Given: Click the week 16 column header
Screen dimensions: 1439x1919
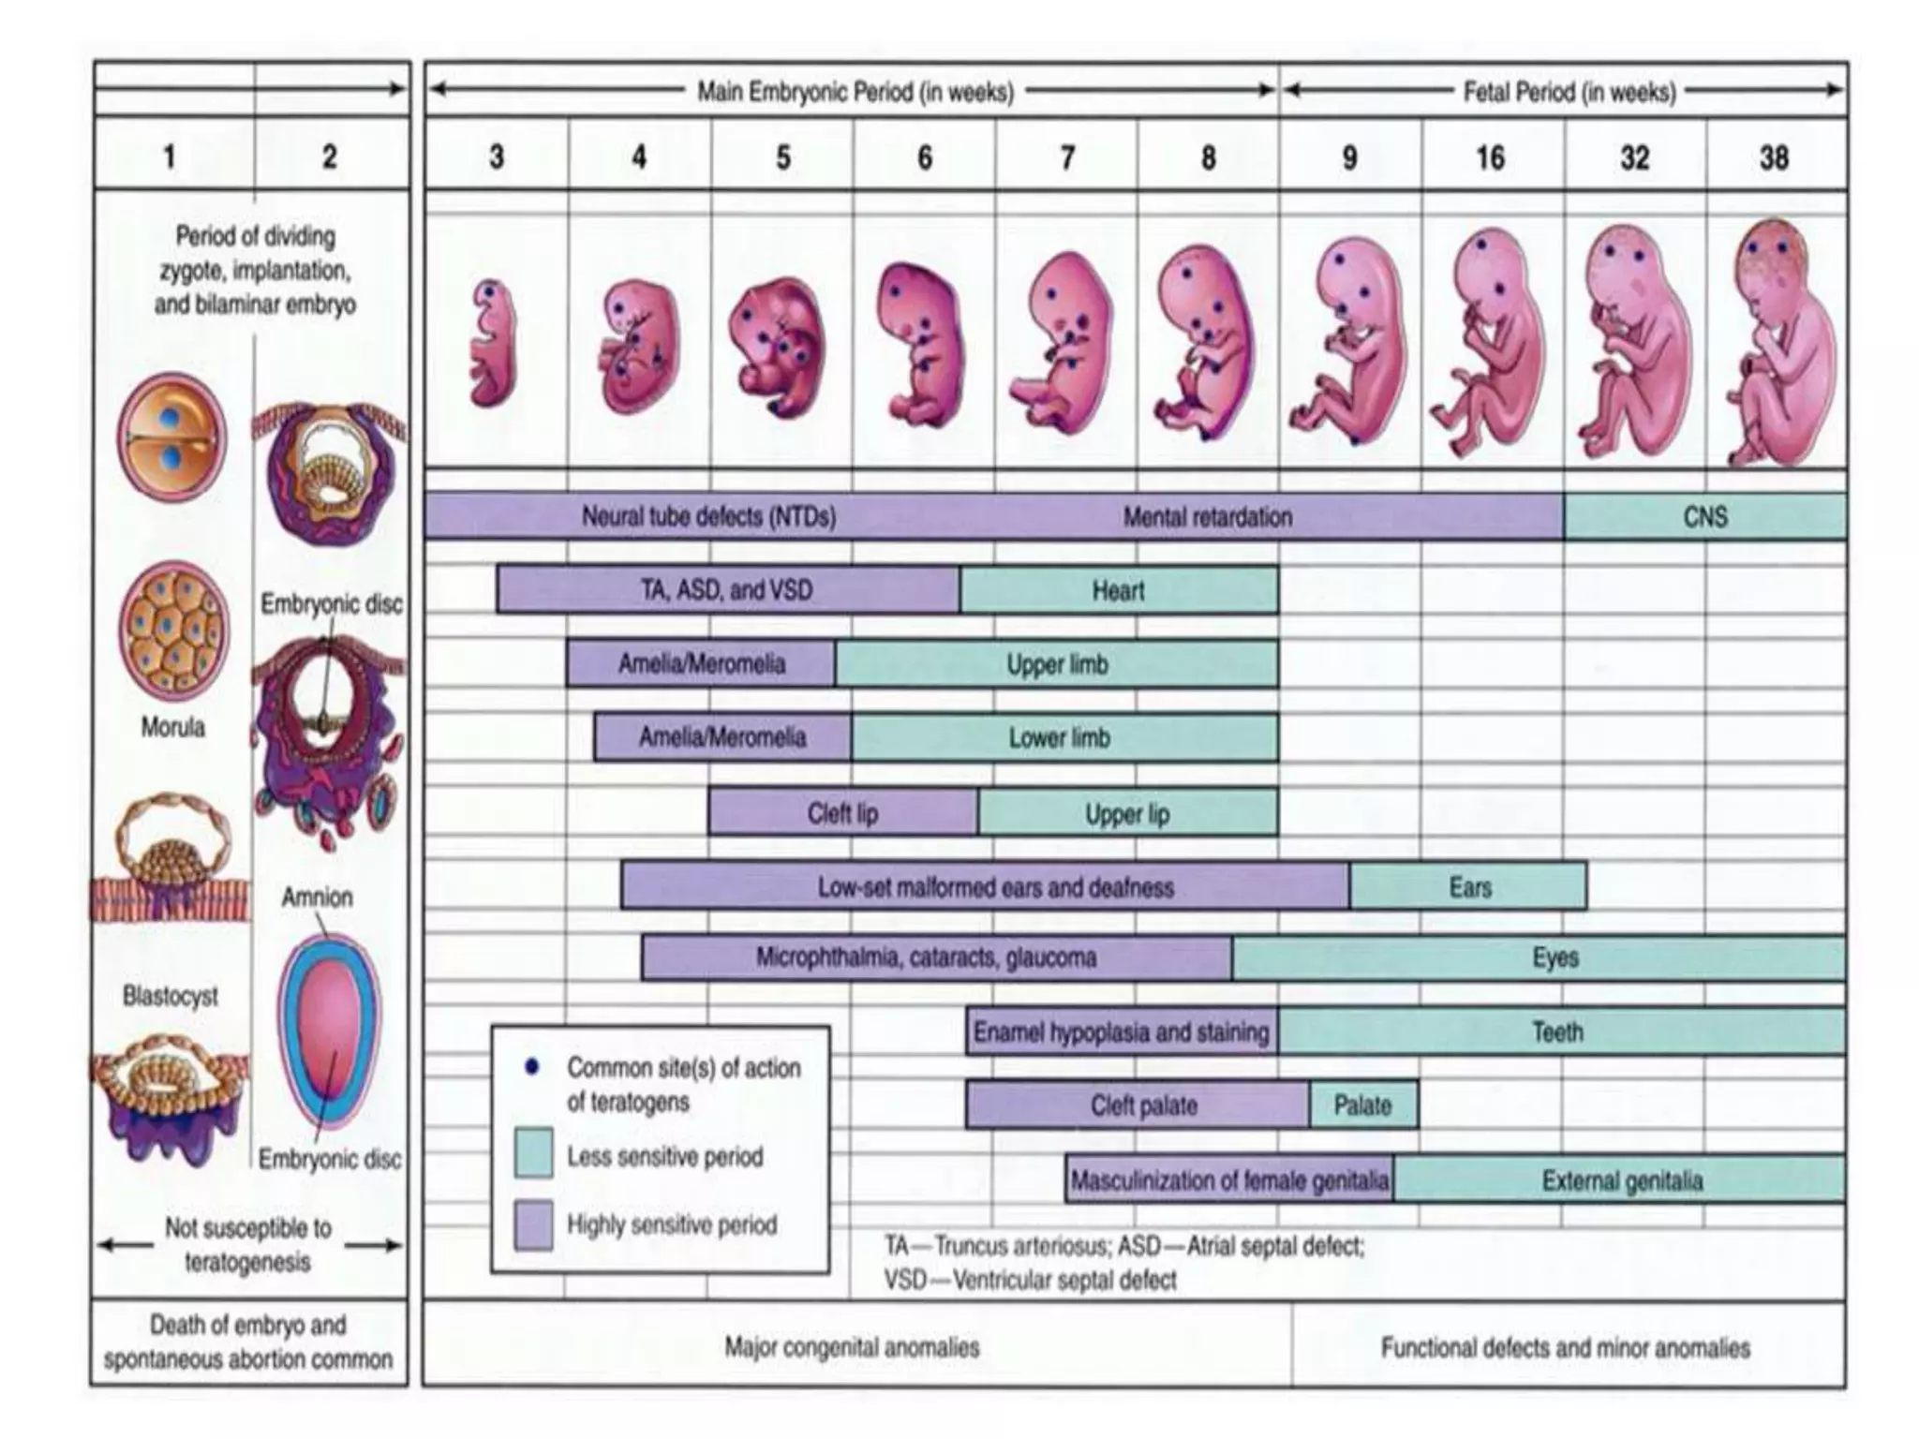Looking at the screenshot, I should click(1491, 157).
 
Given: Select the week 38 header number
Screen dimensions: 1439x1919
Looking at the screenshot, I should click(1774, 157).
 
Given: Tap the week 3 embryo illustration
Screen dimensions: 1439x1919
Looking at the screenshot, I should click(493, 342).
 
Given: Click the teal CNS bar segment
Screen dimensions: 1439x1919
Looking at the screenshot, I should click(1704, 517).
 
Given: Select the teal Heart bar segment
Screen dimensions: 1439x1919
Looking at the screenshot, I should click(1118, 590).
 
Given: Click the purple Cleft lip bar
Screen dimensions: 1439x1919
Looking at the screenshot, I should click(842, 812).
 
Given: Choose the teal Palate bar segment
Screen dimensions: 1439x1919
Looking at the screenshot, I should click(1362, 1105).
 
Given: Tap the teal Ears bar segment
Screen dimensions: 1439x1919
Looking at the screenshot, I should click(1468, 886).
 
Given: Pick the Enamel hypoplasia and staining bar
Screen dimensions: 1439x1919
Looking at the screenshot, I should click(1121, 1031).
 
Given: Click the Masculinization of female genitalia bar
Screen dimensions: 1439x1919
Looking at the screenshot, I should click(1228, 1179).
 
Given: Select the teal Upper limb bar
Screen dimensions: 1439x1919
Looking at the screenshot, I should click(1056, 664).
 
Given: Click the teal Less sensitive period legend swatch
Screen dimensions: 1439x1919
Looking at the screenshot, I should click(533, 1153).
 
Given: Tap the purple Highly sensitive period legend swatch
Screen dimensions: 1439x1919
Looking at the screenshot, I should click(533, 1224).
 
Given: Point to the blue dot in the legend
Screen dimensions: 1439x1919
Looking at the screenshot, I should click(531, 1067).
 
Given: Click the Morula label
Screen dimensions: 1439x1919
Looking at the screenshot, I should click(172, 727).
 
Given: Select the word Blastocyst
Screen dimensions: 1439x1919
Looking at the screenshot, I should click(171, 996).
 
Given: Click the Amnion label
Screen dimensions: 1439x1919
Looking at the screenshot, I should click(317, 898).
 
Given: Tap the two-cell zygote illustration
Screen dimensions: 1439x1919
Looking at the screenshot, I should click(172, 438).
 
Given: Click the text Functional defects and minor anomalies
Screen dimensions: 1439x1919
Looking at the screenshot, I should click(1565, 1347).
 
